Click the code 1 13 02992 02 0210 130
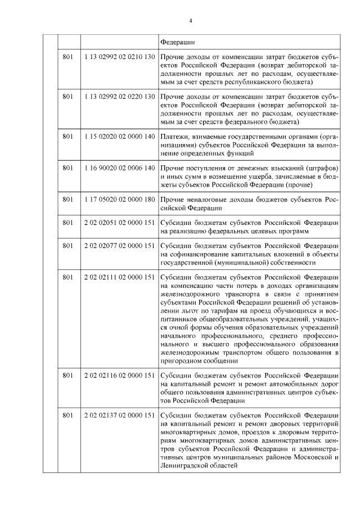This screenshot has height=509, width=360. (x=119, y=57)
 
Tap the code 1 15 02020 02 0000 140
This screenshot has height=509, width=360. (x=119, y=136)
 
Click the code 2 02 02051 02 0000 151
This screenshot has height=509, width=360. (x=119, y=223)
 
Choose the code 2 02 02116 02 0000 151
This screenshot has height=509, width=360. (x=119, y=376)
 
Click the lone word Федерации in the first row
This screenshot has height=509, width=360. (x=178, y=42)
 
